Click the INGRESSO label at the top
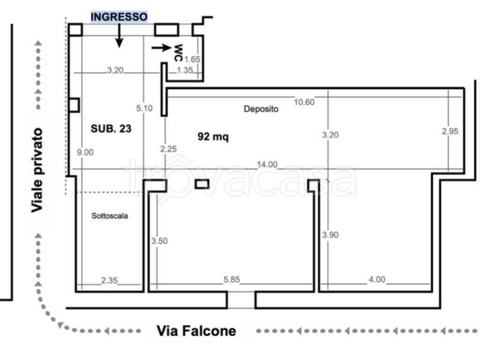pyautogui.click(x=119, y=16)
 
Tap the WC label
pyautogui.click(x=178, y=52)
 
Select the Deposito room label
pyautogui.click(x=261, y=109)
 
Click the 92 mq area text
pyautogui.click(x=213, y=136)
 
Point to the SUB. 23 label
pyautogui.click(x=111, y=128)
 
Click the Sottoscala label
pyautogui.click(x=110, y=216)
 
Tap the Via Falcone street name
pyautogui.click(x=196, y=331)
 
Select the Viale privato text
pyautogui.click(x=37, y=170)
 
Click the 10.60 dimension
pyautogui.click(x=304, y=102)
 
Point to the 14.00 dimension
pyautogui.click(x=267, y=165)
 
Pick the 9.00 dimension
pyautogui.click(x=85, y=152)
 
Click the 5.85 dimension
pyautogui.click(x=232, y=279)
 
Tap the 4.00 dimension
pyautogui.click(x=377, y=279)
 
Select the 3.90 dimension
pyautogui.click(x=330, y=235)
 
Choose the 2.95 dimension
pyautogui.click(x=450, y=131)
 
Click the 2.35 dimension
pyautogui.click(x=109, y=280)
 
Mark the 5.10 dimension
pyautogui.click(x=144, y=108)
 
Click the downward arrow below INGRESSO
pyautogui.click(x=119, y=35)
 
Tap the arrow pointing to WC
pyautogui.click(x=161, y=47)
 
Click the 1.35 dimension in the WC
pyautogui.click(x=185, y=70)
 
